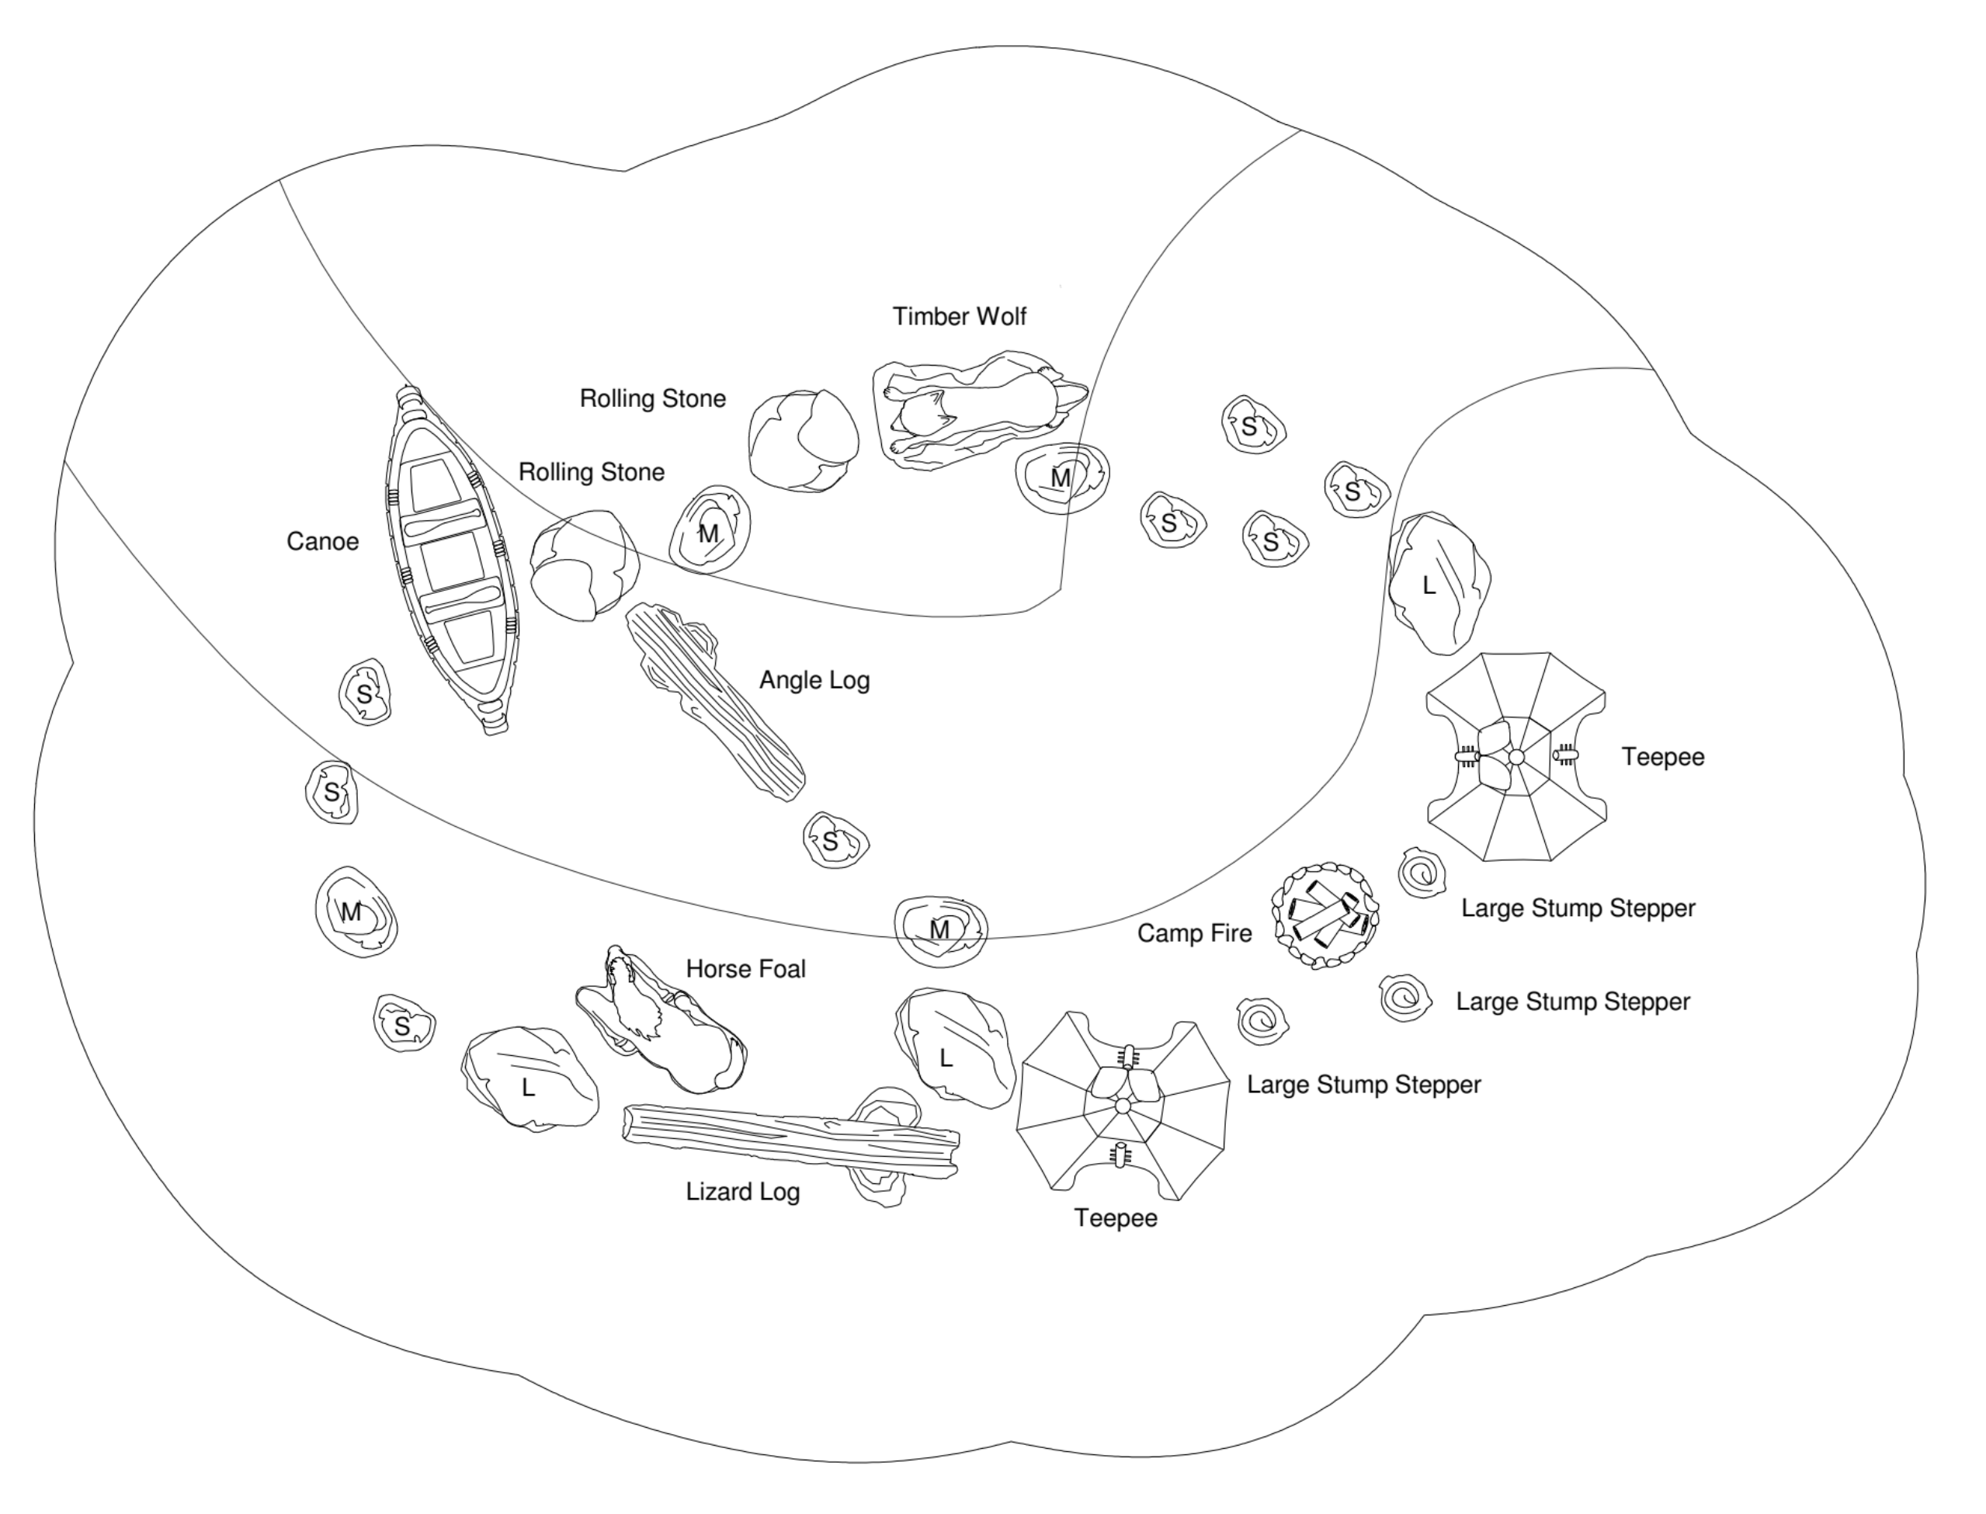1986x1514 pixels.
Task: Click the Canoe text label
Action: point(323,542)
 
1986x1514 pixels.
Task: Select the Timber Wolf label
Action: point(960,316)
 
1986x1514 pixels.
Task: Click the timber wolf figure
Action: point(981,410)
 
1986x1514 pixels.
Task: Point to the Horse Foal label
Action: point(746,969)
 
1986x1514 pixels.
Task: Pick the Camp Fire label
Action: point(1194,932)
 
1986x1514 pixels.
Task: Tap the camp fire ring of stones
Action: point(1325,915)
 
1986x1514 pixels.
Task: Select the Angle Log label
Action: point(814,679)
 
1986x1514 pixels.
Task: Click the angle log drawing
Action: point(714,701)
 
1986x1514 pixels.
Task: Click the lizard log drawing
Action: point(790,1140)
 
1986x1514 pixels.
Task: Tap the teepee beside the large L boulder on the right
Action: point(1516,757)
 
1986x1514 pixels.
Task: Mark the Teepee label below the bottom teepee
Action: point(1116,1217)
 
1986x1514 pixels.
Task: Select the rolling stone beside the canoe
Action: point(584,565)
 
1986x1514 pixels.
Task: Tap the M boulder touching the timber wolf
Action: point(1062,477)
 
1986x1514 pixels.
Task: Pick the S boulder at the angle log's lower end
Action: point(835,840)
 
